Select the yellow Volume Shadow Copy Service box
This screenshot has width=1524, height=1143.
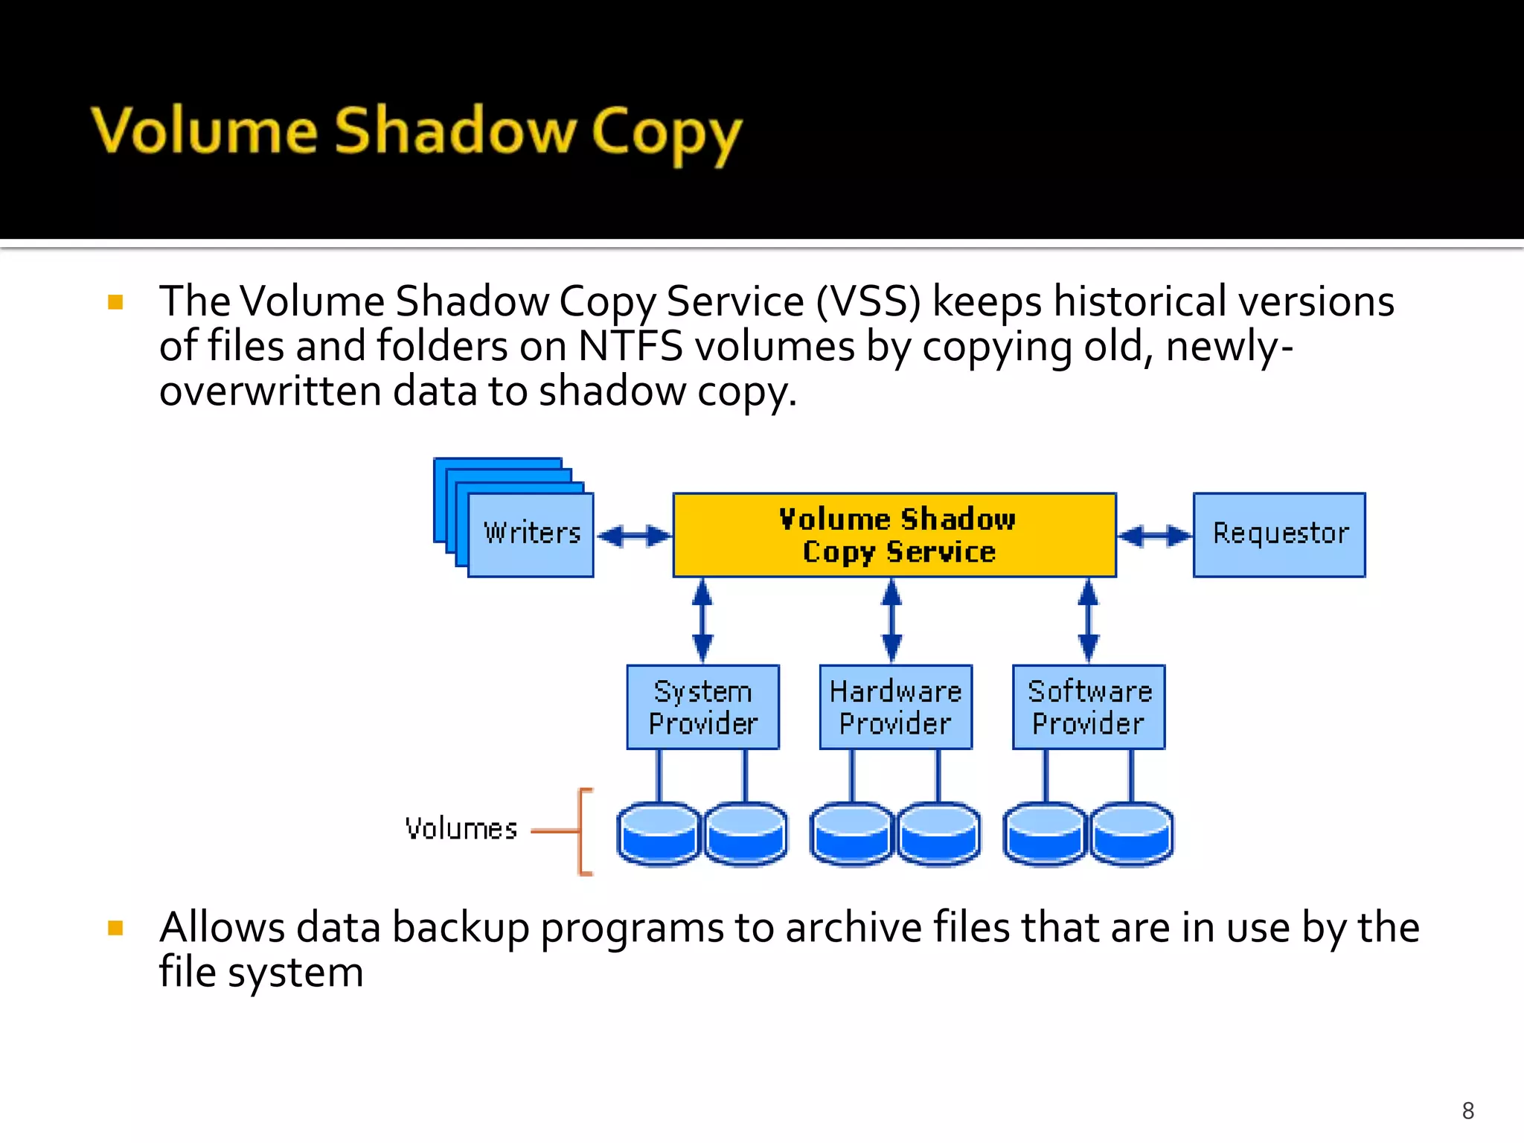point(894,534)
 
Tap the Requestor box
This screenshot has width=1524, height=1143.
point(1279,534)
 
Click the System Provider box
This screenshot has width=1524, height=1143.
point(702,707)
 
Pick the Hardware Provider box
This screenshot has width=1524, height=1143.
point(895,707)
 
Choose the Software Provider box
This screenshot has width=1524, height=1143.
point(1089,707)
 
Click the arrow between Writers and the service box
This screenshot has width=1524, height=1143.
point(634,536)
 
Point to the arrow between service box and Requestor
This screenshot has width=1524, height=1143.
point(1155,536)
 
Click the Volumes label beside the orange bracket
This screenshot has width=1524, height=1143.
point(461,829)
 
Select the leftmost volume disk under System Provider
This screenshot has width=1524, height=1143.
point(659,833)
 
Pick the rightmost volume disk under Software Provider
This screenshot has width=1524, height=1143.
point(1132,833)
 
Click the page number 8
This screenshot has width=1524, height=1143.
point(1467,1110)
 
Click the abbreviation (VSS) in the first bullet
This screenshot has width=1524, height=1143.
point(868,302)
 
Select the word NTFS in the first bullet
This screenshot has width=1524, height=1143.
point(630,347)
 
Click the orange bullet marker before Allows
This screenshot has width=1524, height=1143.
point(115,928)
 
